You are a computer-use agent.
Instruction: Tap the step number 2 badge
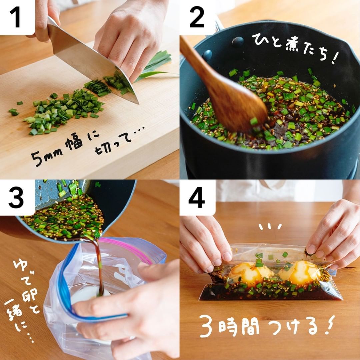tap(197, 17)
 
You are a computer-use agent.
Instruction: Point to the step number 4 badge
tap(197, 197)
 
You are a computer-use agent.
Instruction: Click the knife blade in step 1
tap(92, 62)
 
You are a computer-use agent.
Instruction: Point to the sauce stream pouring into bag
tap(98, 266)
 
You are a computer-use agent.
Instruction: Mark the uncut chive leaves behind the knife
tap(154, 64)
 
